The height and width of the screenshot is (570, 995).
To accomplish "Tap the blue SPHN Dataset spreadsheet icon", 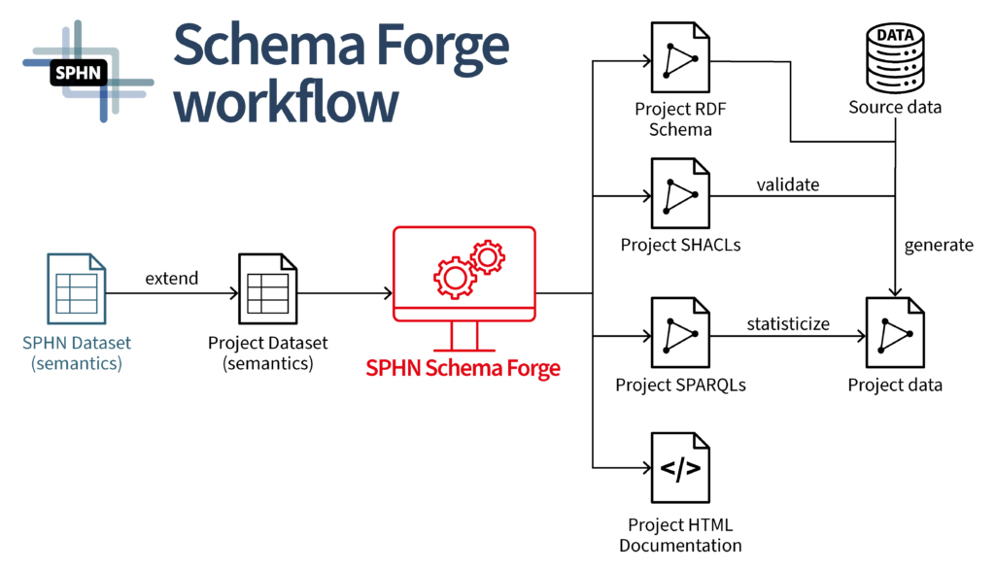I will [76, 289].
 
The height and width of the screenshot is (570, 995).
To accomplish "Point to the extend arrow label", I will [172, 279].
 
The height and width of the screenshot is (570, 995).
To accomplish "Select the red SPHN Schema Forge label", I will [463, 368].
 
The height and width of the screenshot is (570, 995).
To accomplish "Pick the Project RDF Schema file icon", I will [680, 60].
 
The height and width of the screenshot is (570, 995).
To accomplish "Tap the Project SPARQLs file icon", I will [680, 332].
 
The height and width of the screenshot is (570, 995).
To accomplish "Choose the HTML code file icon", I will [680, 470].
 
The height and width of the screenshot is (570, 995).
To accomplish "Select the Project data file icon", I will [895, 334].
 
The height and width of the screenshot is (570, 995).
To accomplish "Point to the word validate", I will [788, 184].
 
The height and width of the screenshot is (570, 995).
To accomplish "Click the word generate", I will [939, 245].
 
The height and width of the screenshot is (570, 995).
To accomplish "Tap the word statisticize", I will [788, 323].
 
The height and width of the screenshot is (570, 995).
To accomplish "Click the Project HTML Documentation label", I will [680, 535].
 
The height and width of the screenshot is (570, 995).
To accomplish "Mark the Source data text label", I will [895, 107].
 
